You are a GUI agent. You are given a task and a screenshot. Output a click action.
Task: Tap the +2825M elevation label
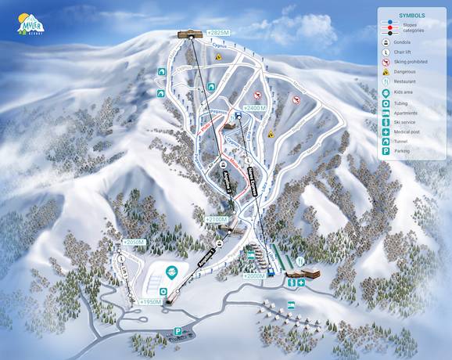[219, 32]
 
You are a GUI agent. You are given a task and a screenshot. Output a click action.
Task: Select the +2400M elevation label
[255, 106]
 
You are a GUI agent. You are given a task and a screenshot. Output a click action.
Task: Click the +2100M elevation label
[217, 219]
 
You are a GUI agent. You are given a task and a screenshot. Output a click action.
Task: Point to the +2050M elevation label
[134, 243]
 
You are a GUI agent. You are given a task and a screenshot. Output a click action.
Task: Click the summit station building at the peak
[188, 33]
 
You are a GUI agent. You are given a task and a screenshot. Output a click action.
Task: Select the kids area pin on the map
[174, 271]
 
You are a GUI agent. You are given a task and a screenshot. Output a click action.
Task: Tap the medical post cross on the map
[301, 282]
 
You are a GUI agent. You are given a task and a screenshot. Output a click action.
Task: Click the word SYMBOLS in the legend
[411, 14]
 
